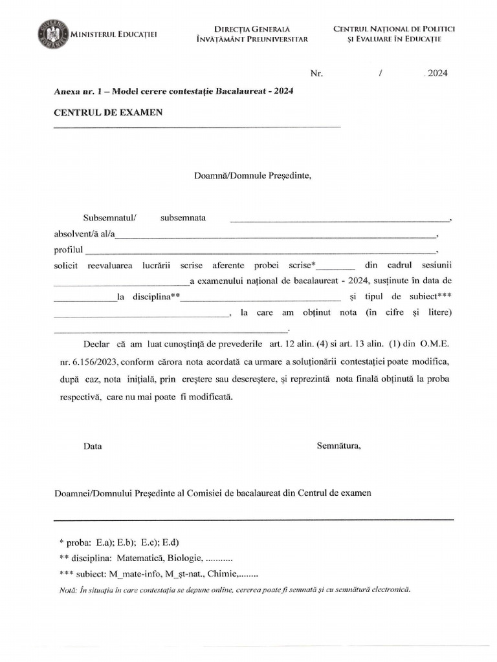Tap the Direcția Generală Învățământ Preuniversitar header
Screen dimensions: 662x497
[252, 34]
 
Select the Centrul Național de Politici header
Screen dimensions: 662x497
[394, 34]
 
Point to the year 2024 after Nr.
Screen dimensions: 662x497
[437, 73]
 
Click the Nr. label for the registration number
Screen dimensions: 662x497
[316, 73]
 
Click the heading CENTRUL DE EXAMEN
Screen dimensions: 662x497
[108, 112]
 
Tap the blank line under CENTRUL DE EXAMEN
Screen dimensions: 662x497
[197, 127]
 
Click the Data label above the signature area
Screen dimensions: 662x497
[93, 446]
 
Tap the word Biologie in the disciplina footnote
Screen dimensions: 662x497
[184, 558]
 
